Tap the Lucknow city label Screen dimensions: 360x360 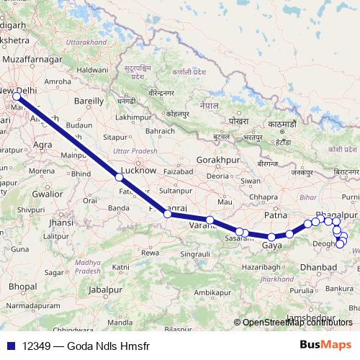tap(138, 170)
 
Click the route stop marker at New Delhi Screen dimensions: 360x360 tap(16, 96)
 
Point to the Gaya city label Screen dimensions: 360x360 tap(271, 246)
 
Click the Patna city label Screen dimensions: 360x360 tap(276, 215)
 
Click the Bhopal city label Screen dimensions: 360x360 tap(22, 287)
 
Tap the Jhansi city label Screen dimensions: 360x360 tap(61, 222)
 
